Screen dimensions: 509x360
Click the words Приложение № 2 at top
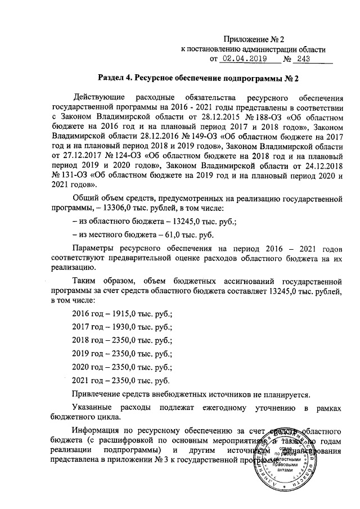(x=255, y=39)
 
